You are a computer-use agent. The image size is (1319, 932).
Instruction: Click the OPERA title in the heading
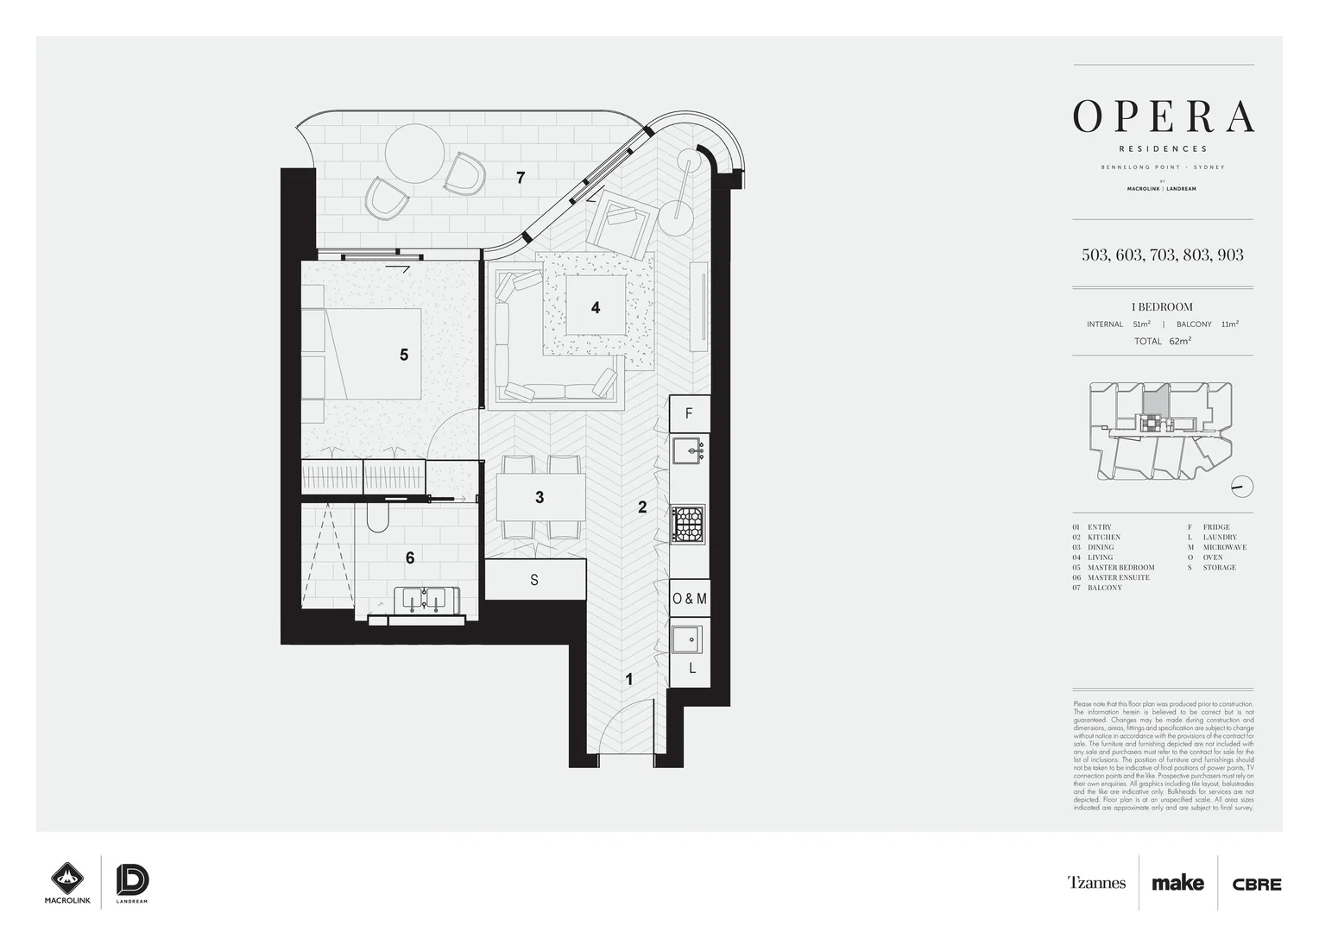[x=1163, y=116]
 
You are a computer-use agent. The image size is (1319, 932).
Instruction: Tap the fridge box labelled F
[x=689, y=413]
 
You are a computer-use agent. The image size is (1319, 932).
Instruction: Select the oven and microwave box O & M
[x=689, y=598]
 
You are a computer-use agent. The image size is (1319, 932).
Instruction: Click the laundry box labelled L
[x=691, y=668]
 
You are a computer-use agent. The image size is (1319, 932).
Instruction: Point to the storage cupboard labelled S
[x=534, y=580]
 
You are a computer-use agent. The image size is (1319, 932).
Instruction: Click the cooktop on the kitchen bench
[x=688, y=524]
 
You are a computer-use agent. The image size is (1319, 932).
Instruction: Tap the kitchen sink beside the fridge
[x=688, y=449]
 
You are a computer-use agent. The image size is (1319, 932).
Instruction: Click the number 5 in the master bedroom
[x=404, y=355]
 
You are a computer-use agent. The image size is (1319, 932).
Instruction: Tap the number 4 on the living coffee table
[x=596, y=307]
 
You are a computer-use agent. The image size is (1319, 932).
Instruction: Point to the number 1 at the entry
[x=628, y=679]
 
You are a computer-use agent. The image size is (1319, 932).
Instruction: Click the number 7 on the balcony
[x=521, y=178]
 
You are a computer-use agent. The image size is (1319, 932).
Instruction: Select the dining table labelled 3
[x=540, y=497]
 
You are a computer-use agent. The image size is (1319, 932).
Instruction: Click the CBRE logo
[x=1257, y=884]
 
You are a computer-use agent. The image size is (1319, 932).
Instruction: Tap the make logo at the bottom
[x=1177, y=883]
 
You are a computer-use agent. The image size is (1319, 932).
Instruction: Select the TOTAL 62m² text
[x=1162, y=341]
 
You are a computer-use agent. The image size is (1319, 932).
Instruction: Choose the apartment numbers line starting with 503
[x=1162, y=255]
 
